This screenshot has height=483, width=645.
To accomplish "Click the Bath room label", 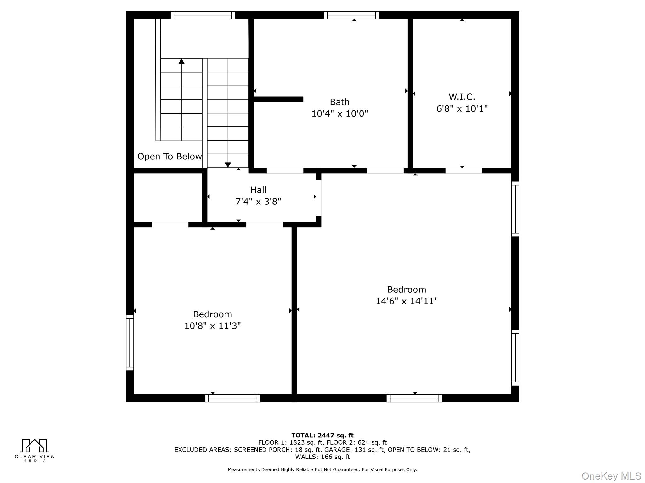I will pos(340,102).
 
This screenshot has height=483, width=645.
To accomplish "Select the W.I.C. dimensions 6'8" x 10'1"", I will pos(462,108).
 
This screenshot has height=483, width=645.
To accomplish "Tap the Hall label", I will pos(258,190).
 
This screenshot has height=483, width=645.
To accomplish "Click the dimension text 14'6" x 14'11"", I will pos(407,301).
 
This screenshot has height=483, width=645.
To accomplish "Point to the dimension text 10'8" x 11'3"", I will pos(212,326).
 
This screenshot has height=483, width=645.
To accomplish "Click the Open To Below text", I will pos(169,156).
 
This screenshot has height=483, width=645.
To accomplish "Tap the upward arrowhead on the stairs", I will pos(181,61).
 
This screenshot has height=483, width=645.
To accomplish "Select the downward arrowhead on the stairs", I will pos(228,165).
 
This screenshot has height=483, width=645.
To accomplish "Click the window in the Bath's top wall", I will pos(351,15).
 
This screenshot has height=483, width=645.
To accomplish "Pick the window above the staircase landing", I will pos(203,15).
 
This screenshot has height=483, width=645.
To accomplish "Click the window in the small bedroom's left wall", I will pos(130,342).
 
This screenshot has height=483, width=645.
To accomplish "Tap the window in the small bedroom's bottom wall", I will pos(233,398).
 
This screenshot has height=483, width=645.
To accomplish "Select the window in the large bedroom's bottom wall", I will pos(414,398).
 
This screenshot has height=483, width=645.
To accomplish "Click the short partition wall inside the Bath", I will pos(278,99).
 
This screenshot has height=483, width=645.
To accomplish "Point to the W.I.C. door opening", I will pos(464,171).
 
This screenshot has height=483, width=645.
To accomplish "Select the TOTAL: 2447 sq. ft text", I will pos(322,435).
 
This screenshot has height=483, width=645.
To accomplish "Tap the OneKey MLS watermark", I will pos(611,476).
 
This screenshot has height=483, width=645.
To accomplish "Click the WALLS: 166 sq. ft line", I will pos(322,457).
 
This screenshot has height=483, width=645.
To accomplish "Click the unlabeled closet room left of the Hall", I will pos(168,197).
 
